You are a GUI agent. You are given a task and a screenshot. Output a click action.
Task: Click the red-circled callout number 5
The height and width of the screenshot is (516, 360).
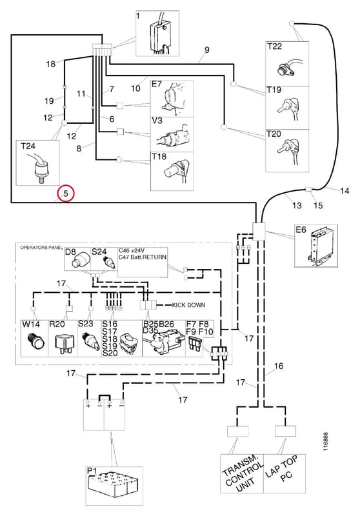(66, 194)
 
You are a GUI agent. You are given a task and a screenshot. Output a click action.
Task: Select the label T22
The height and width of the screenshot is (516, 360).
(274, 46)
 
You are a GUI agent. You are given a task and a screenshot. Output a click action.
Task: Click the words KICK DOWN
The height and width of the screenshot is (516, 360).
(188, 305)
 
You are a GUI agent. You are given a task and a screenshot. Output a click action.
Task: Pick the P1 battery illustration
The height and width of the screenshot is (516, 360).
(114, 484)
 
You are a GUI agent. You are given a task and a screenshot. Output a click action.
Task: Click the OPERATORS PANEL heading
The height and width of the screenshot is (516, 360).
(41, 248)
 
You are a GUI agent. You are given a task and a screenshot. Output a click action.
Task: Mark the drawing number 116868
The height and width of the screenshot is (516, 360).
(325, 442)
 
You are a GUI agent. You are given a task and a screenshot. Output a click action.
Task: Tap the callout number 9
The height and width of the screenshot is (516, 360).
(206, 50)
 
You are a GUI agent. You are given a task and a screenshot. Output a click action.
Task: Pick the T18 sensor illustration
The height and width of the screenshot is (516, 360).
(177, 170)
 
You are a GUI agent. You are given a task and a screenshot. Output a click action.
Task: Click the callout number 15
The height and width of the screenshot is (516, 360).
(318, 205)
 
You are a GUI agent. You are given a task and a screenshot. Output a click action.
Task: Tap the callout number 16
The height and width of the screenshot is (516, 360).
(279, 366)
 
